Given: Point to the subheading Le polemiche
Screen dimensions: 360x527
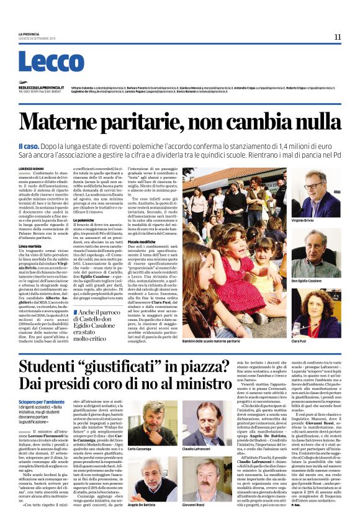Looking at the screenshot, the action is click(86, 220).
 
